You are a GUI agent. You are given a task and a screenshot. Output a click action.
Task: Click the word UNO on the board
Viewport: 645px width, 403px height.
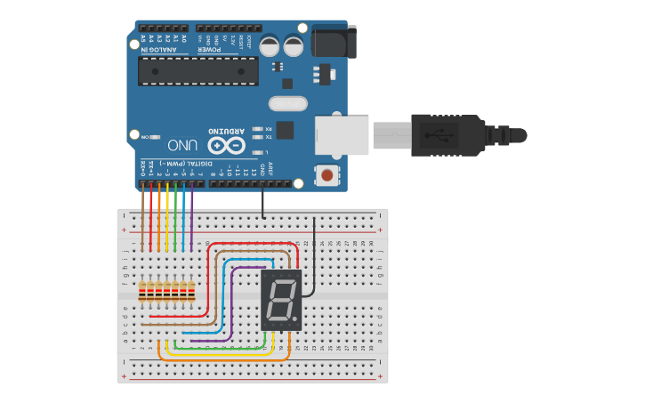pos(182,145)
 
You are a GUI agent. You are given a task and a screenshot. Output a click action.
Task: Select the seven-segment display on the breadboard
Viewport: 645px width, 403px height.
pos(281,301)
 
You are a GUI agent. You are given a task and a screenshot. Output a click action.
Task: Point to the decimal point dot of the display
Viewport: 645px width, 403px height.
pos(295,320)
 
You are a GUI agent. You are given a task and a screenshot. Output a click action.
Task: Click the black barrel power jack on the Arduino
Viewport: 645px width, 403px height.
pos(335,41)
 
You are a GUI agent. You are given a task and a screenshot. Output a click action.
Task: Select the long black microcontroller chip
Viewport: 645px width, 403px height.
pos(198,71)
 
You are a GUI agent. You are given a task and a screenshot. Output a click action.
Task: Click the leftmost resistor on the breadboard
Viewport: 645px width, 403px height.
pos(142,291)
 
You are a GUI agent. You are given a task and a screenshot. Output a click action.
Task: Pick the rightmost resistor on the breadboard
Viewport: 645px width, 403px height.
pos(191,291)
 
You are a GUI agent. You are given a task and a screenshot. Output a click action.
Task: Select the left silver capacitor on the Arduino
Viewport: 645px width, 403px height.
pos(270,46)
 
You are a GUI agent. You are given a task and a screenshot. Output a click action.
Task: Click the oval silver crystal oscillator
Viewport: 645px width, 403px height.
pos(287,104)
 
